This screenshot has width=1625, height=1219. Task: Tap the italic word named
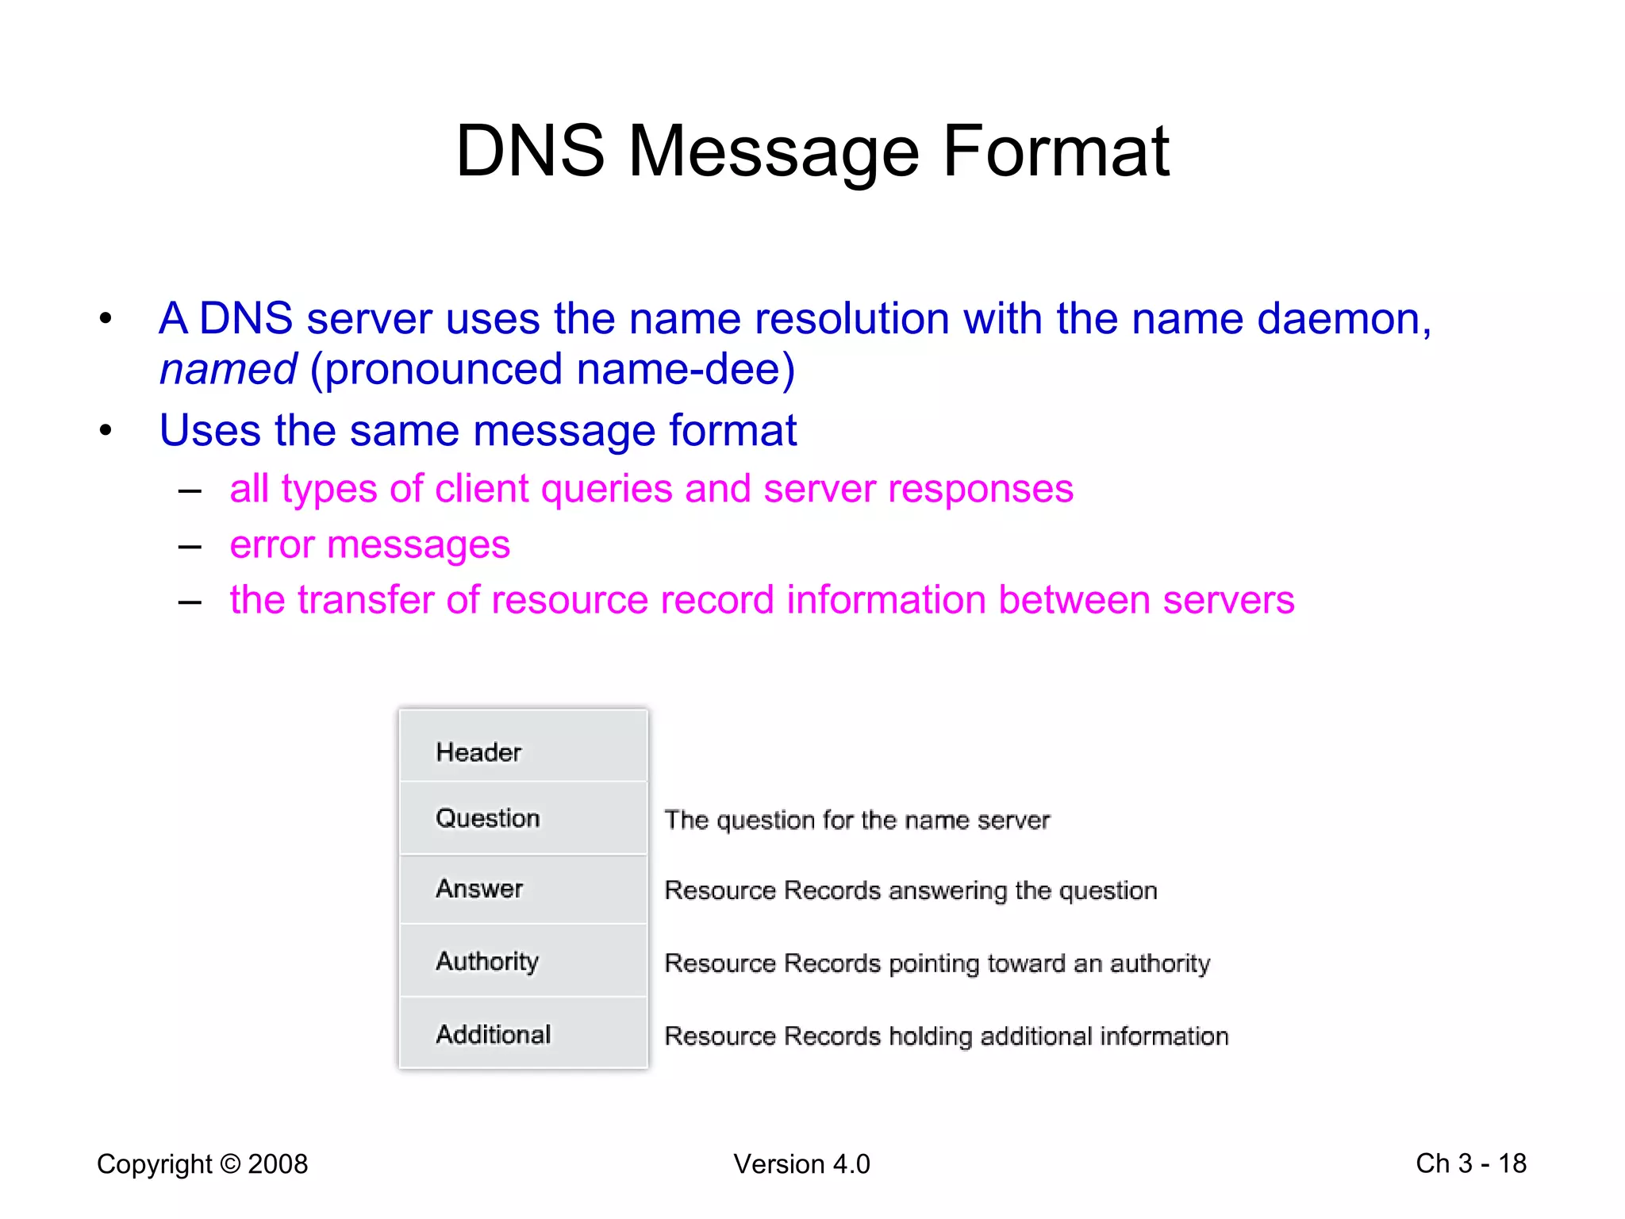228,370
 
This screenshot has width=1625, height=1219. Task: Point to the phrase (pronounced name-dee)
552,370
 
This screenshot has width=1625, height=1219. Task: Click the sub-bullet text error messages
370,545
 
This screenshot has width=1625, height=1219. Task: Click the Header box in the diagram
524,746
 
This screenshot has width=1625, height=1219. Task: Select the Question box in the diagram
524,818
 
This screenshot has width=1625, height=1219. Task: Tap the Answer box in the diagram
524,889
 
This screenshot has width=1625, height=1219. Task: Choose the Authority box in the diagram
524,961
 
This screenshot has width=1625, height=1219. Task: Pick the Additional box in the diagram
524,1034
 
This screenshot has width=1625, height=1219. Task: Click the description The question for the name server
857,820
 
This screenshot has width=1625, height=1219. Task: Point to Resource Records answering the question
911,890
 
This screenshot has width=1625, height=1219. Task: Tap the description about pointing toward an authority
937,963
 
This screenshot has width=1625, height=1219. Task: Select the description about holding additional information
947,1036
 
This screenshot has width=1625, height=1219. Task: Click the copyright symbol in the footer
230,1164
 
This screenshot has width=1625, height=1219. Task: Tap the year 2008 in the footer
278,1164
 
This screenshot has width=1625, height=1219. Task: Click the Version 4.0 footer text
801,1164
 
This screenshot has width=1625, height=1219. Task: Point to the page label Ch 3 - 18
1471,1163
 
